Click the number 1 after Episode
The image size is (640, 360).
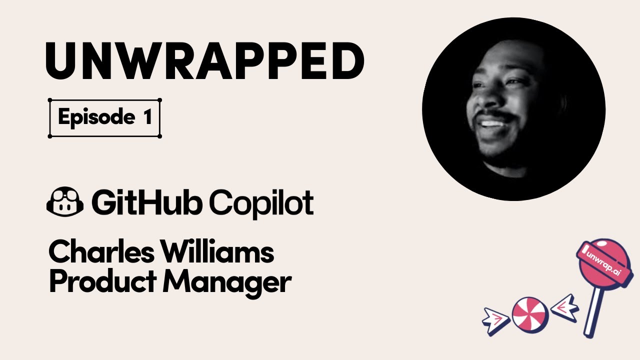click(146, 117)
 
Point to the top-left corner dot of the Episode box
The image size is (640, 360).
click(50, 100)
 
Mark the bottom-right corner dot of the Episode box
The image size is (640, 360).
click(159, 136)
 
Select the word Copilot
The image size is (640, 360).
click(260, 202)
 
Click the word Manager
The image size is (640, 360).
click(227, 282)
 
